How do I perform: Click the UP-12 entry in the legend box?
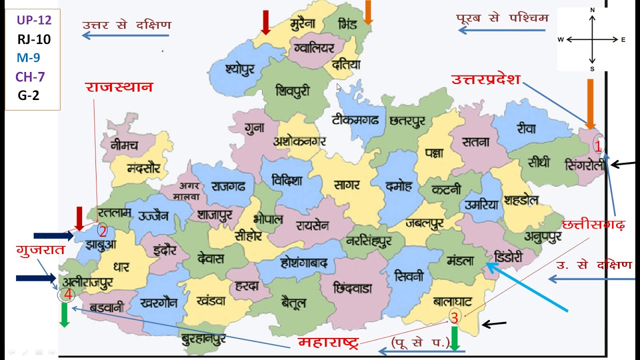pyautogui.click(x=34, y=20)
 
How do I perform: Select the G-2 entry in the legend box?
pyautogui.click(x=28, y=95)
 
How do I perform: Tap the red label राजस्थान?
pyautogui.click(x=119, y=87)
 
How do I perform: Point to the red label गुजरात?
pyautogui.click(x=40, y=249)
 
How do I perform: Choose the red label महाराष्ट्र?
pyautogui.click(x=328, y=343)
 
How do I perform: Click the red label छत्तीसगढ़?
pyautogui.click(x=593, y=224)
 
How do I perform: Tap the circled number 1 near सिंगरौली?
pyautogui.click(x=597, y=145)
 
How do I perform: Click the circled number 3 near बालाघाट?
pyautogui.click(x=454, y=317)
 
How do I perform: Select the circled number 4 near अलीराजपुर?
pyautogui.click(x=67, y=295)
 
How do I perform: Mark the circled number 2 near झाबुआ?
pyautogui.click(x=102, y=231)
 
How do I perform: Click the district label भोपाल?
pyautogui.click(x=268, y=219)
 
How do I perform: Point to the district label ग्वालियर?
pyautogui.click(x=314, y=49)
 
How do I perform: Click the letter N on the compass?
pyautogui.click(x=592, y=10)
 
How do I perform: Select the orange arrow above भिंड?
pyautogui.click(x=368, y=12)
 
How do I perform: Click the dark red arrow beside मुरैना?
pyautogui.click(x=266, y=22)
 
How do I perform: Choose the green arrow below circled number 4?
pyautogui.click(x=64, y=315)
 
